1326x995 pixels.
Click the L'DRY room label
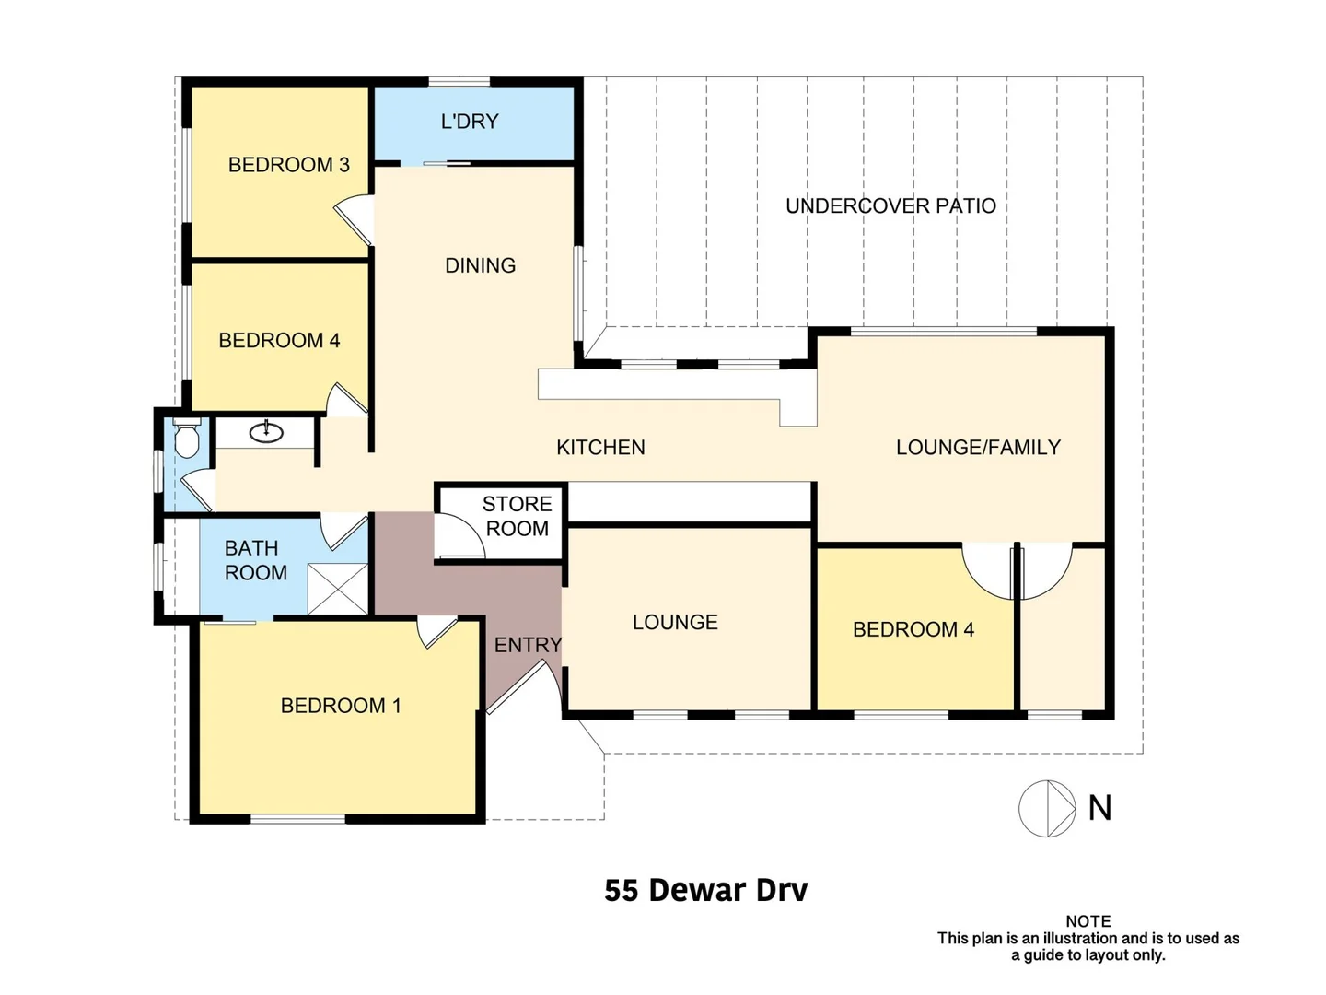470,122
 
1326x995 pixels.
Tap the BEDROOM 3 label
288,165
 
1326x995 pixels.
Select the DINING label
480,265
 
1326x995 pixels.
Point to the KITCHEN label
600,448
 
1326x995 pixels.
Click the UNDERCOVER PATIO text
890,206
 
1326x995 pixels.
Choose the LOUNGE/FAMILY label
978,448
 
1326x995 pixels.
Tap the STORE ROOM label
517,516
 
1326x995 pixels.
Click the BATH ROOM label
255,560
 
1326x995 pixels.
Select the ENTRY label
528,645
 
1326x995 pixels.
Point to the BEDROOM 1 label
341,706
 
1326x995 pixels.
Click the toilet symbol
187,439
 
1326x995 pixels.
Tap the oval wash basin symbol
266,431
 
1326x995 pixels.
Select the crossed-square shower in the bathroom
337,589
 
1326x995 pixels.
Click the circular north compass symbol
1047,809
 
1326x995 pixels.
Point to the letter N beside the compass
1099,808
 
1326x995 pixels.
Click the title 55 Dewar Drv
705,890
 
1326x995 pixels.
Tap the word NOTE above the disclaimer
1088,921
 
